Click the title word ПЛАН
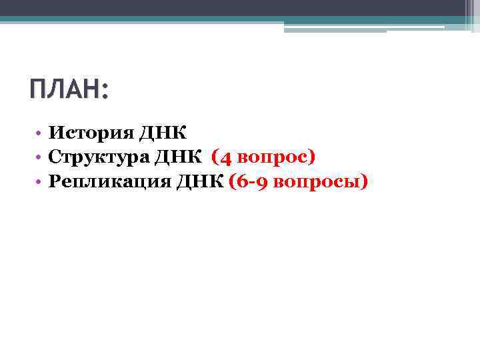tap(64, 89)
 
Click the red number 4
tap(227, 158)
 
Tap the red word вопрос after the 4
tap(271, 158)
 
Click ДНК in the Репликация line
tap(201, 181)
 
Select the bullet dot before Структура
tap(41, 158)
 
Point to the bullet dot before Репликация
tap(41, 182)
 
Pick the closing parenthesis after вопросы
tap(363, 182)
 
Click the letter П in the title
tap(39, 89)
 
